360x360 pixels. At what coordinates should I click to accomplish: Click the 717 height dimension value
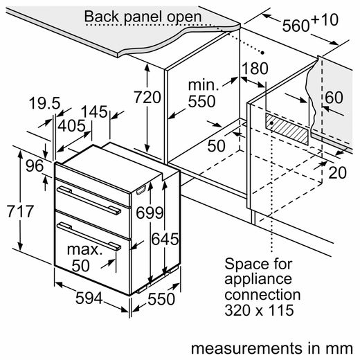point(21,211)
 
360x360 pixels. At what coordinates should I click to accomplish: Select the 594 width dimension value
point(89,298)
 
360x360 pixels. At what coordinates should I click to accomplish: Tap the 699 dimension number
point(150,213)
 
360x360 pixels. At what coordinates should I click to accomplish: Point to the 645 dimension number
point(165,239)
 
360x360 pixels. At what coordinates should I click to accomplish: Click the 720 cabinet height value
point(147,97)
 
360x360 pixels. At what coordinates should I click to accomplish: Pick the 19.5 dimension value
point(45,103)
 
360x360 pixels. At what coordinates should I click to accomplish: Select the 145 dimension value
point(94,111)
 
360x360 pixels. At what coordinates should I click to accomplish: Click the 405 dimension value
point(71,126)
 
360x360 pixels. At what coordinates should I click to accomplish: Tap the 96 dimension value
point(35,165)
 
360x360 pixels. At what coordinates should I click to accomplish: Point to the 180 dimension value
point(255,69)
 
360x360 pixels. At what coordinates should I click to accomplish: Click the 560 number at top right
point(296,26)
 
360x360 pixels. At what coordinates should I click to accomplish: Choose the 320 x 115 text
point(259,310)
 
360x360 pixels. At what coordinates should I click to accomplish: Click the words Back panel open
point(143,17)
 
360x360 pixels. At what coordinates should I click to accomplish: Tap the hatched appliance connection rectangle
point(287,129)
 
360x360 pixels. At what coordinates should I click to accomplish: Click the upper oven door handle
point(89,200)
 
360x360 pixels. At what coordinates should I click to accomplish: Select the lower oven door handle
point(89,236)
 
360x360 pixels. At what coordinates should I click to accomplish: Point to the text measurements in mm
point(272,348)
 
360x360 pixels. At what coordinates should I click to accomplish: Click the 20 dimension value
point(337,172)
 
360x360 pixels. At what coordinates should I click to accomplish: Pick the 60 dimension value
point(334,97)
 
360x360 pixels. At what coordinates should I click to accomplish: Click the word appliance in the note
point(258,280)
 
